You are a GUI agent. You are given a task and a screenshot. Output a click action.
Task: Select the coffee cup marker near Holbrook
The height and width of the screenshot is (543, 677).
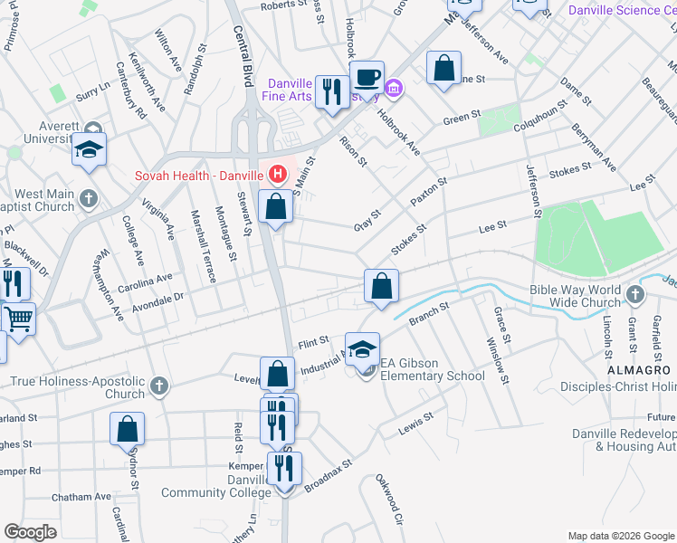pos(367,77)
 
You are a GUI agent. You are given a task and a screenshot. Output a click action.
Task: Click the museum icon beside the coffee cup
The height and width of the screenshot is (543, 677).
pos(394,88)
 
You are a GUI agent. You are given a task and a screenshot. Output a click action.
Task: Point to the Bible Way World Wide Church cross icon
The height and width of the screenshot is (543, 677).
pos(634,294)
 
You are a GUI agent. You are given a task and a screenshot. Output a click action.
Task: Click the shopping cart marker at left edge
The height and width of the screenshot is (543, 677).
pos(18,319)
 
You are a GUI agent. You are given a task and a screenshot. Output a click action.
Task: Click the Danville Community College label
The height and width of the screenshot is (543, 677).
pos(215,485)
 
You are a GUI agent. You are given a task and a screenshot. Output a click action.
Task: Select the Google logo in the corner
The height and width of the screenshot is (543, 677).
pos(30,532)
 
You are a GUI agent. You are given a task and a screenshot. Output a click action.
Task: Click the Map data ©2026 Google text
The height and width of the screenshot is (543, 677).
pos(620,536)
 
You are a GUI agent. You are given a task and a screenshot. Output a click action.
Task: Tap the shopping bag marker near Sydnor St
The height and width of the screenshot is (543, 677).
pos(128,429)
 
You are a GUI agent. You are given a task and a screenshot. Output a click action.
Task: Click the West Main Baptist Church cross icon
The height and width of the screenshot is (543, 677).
pos(88,198)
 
